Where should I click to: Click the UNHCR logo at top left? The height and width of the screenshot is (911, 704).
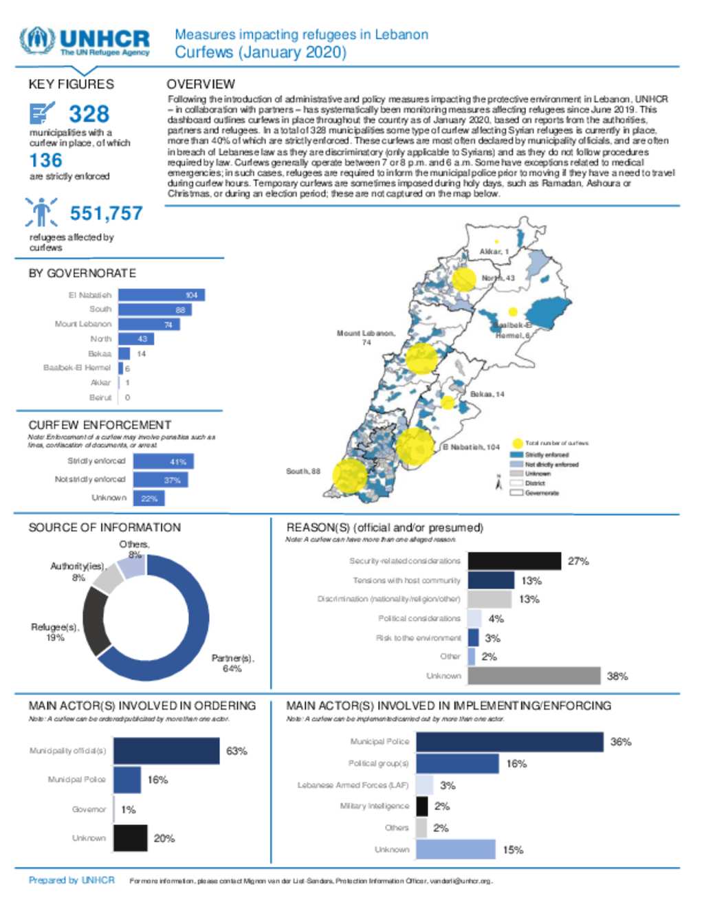pyautogui.click(x=84, y=41)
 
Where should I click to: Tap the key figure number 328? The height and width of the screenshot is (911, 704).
pyautogui.click(x=89, y=114)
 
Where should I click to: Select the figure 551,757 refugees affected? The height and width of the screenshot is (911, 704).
pyautogui.click(x=106, y=214)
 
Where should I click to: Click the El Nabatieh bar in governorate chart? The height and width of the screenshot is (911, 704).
pyautogui.click(x=162, y=295)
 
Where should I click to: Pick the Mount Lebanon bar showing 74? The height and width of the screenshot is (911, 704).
pyautogui.click(x=149, y=325)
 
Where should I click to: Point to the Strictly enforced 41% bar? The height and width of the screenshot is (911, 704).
pyautogui.click(x=164, y=461)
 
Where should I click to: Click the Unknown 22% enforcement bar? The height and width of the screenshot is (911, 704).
pyautogui.click(x=149, y=498)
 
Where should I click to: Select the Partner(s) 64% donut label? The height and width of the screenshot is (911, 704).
pyautogui.click(x=232, y=663)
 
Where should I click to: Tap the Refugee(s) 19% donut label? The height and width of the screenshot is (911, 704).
pyautogui.click(x=55, y=632)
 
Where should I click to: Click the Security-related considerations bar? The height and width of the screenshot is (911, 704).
pyautogui.click(x=514, y=561)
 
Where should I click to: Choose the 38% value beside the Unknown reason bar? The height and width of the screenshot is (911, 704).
pyautogui.click(x=617, y=677)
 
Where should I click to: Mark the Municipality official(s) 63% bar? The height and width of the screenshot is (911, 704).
pyautogui.click(x=166, y=751)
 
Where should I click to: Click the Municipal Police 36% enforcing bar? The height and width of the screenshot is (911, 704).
pyautogui.click(x=509, y=742)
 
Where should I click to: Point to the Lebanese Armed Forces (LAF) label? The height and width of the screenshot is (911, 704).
pyautogui.click(x=353, y=785)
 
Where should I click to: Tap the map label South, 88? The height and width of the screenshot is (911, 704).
pyautogui.click(x=303, y=472)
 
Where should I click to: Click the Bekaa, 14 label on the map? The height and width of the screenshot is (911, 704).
pyautogui.click(x=487, y=395)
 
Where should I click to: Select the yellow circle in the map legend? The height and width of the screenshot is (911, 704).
pyautogui.click(x=517, y=443)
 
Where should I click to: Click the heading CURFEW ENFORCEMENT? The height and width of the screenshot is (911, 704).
pyautogui.click(x=100, y=425)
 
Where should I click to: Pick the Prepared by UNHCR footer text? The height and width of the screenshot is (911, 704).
pyautogui.click(x=71, y=880)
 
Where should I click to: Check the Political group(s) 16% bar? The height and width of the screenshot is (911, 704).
pyautogui.click(x=457, y=764)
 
